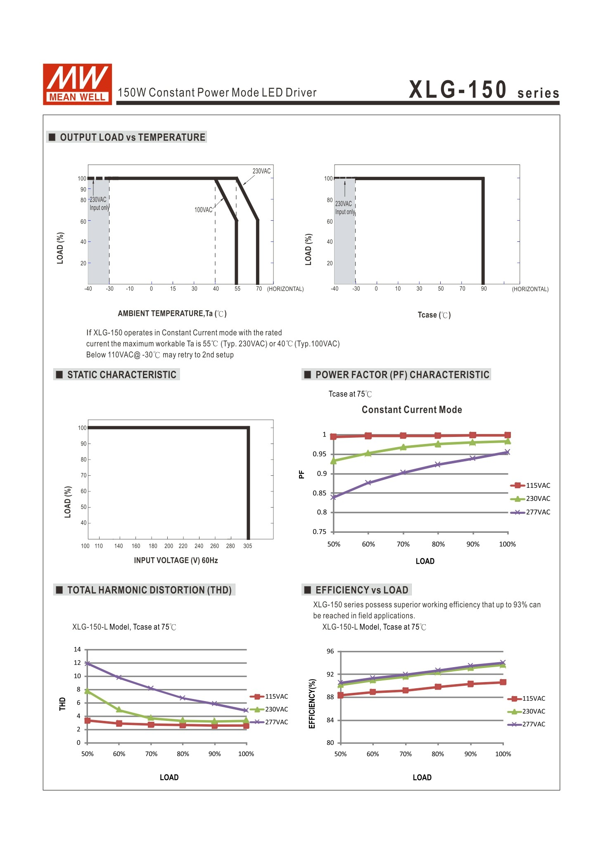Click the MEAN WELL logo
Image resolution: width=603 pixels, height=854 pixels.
click(77, 84)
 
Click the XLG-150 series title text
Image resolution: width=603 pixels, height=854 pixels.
click(484, 90)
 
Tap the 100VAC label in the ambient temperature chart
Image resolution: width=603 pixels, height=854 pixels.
click(203, 210)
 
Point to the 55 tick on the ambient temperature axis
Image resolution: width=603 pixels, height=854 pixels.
click(237, 289)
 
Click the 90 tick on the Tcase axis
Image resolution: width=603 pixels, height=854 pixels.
click(484, 289)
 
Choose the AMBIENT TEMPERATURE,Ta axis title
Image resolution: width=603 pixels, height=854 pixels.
click(172, 313)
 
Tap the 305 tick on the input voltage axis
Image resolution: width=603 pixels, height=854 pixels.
click(247, 546)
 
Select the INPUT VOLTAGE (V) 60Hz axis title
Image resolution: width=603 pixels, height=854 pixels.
click(176, 560)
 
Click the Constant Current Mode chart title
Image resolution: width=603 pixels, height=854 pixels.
click(412, 410)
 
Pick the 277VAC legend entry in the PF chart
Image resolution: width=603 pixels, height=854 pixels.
click(530, 512)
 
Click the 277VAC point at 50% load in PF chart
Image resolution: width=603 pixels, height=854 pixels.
click(333, 497)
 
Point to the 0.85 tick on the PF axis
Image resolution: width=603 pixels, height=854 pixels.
click(319, 493)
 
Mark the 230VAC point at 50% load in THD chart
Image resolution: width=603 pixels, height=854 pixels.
click(87, 691)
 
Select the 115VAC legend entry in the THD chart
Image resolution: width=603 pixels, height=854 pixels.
click(269, 697)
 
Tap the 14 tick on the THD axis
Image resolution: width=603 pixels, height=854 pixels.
click(77, 649)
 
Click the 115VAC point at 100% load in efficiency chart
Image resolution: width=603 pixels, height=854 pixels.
click(503, 682)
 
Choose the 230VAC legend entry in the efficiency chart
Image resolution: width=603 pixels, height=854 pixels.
click(527, 711)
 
